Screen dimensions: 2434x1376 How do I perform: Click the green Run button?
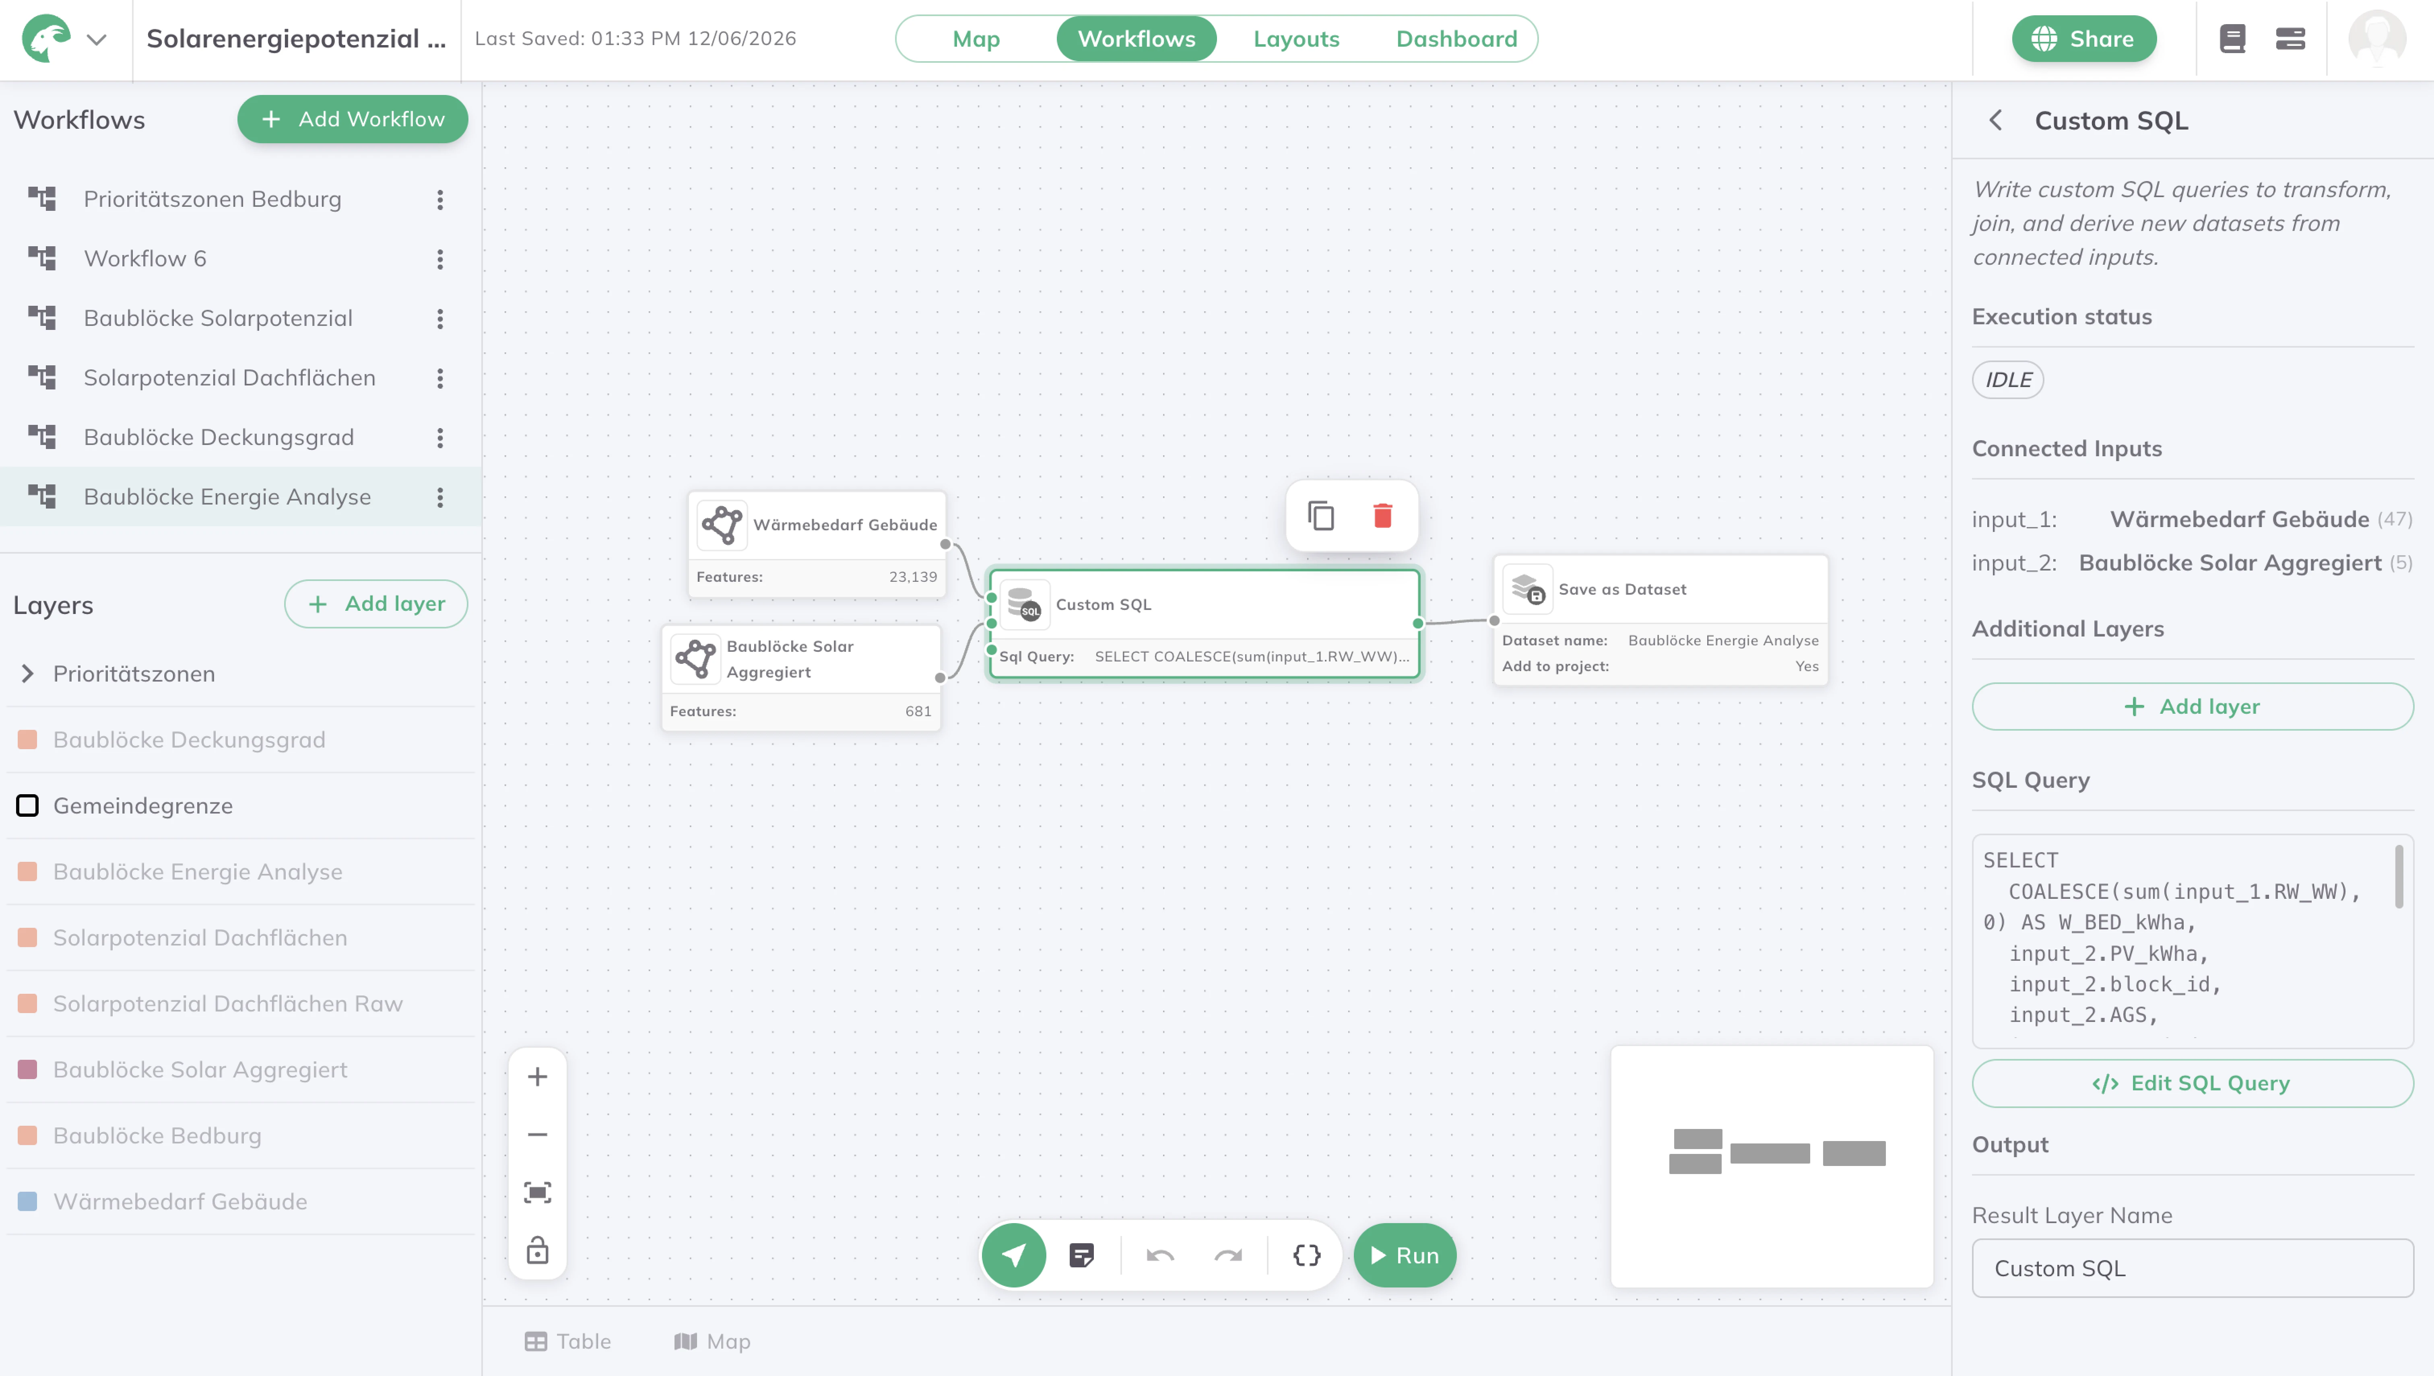(x=1405, y=1255)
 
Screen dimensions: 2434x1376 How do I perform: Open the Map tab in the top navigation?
(x=976, y=39)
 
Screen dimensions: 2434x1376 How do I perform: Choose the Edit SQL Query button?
(x=2192, y=1083)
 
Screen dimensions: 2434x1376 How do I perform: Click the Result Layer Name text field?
(x=2192, y=1268)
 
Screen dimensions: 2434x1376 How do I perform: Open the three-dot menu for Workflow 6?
(x=439, y=259)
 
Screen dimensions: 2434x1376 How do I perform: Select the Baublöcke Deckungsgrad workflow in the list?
(x=219, y=438)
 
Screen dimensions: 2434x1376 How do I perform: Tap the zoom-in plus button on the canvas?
(x=537, y=1076)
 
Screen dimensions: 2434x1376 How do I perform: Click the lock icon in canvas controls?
(x=537, y=1250)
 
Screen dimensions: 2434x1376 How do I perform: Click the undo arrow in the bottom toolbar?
(x=1160, y=1255)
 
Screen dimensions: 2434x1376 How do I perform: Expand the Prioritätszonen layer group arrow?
(x=27, y=674)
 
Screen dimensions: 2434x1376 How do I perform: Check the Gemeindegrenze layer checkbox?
(x=27, y=805)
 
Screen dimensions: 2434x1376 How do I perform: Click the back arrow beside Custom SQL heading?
(x=1995, y=120)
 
